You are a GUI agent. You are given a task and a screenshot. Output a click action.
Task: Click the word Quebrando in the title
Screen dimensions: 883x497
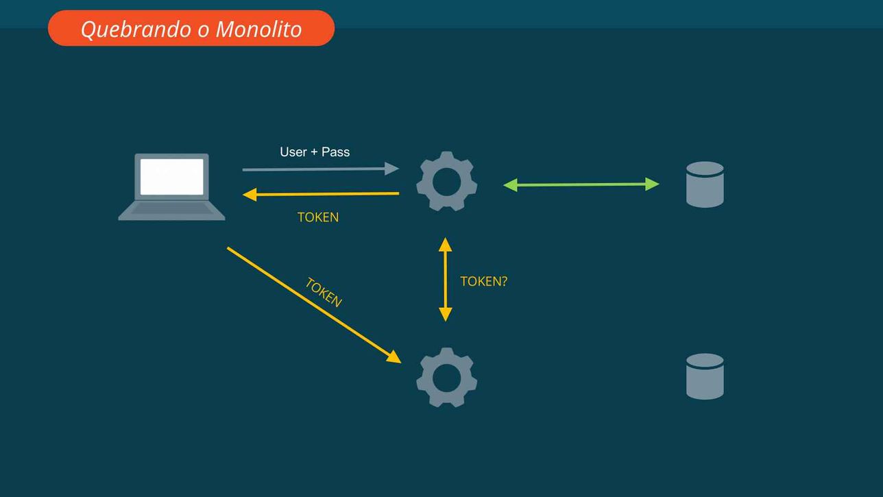tap(136, 29)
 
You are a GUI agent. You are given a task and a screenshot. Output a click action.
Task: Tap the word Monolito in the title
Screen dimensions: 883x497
tap(258, 29)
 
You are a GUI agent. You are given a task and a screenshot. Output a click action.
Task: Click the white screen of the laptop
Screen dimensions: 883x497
tap(172, 177)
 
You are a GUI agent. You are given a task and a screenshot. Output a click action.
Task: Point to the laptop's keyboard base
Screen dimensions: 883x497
tap(172, 210)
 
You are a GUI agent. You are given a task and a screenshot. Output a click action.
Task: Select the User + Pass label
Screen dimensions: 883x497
tap(315, 151)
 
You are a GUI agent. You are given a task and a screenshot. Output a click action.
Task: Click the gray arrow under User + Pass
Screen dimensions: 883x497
tap(320, 169)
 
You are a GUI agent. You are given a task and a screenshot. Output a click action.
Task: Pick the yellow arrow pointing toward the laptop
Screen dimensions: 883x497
tap(320, 194)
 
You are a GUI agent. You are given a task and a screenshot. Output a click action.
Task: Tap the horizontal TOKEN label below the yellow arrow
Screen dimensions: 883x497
tap(317, 217)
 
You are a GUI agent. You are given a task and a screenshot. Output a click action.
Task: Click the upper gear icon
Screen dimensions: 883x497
tap(446, 181)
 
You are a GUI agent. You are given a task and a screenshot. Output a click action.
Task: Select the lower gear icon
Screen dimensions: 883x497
tap(446, 377)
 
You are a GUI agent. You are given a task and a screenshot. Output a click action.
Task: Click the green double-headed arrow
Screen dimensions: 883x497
tap(581, 184)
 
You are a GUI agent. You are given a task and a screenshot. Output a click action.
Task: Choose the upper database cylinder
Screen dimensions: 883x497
tap(705, 184)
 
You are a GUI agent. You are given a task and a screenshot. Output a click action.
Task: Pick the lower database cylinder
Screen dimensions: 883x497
tap(705, 376)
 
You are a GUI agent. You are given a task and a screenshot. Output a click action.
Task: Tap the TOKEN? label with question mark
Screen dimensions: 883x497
tap(484, 281)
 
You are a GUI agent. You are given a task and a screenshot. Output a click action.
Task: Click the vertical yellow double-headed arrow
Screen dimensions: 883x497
tap(446, 280)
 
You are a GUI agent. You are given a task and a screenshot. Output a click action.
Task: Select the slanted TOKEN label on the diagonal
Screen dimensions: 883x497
tap(324, 293)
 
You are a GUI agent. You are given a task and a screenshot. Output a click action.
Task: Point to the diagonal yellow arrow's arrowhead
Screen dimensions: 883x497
tap(394, 357)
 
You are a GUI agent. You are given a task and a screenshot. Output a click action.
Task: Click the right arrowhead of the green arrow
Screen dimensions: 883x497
tap(653, 184)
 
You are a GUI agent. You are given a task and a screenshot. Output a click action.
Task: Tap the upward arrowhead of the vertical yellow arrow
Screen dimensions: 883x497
tap(446, 244)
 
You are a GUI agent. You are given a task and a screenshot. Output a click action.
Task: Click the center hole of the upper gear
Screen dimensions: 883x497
tap(446, 182)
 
